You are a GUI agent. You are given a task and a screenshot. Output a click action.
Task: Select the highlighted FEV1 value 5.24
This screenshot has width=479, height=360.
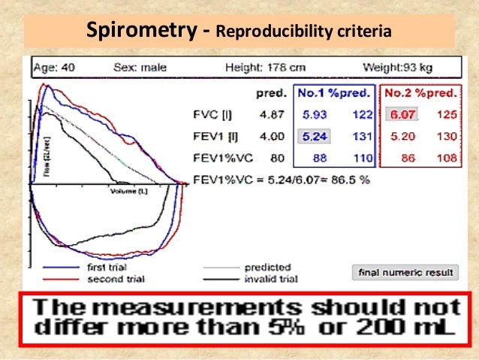coord(314,137)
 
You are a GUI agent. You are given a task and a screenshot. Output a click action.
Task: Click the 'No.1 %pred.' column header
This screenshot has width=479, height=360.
coord(334,94)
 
